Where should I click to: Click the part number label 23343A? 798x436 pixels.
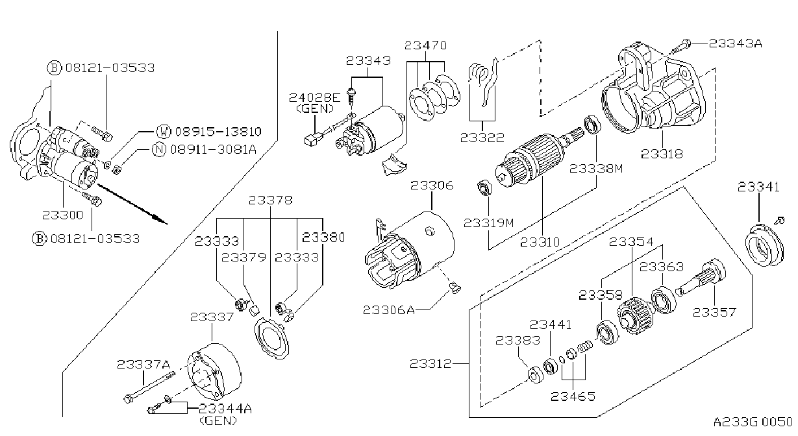point(735,43)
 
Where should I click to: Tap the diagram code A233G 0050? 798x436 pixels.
point(753,422)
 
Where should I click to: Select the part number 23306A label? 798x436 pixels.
point(389,310)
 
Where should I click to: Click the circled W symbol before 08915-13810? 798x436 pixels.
point(164,131)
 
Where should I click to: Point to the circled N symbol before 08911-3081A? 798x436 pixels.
point(159,149)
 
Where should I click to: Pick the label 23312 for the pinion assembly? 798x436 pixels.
point(430,364)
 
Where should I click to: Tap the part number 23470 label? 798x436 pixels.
point(425,45)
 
